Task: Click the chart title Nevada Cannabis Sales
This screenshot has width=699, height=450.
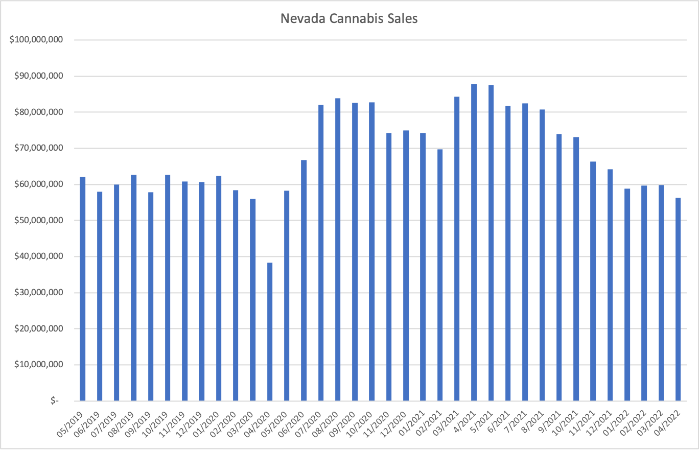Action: point(349,19)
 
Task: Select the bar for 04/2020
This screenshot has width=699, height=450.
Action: point(270,332)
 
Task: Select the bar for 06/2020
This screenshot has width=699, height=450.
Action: point(304,280)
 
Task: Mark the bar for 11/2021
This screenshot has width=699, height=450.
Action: point(593,281)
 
